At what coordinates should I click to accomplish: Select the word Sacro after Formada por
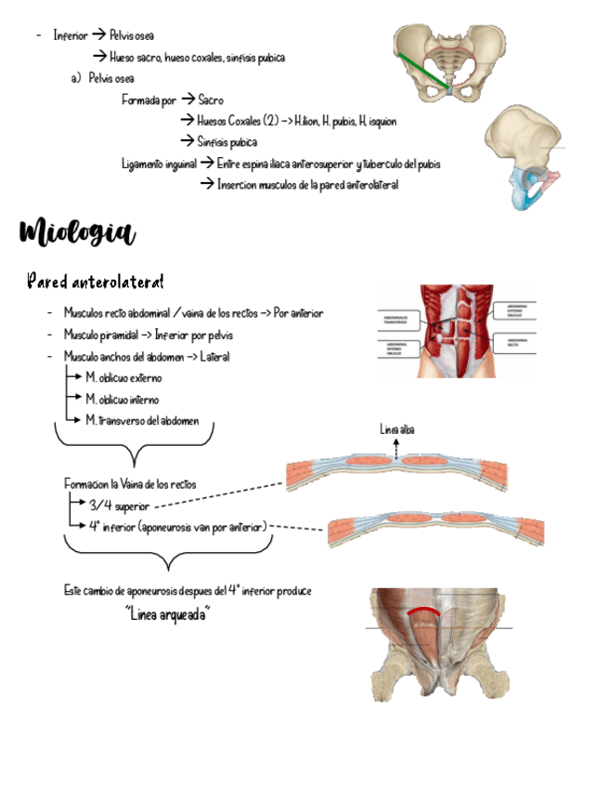pyautogui.click(x=211, y=100)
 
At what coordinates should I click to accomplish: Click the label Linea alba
pyautogui.click(x=396, y=428)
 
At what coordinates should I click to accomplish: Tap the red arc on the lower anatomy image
pyautogui.click(x=426, y=610)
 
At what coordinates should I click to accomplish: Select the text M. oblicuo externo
pyautogui.click(x=123, y=378)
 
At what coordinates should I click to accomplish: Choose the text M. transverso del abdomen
pyautogui.click(x=142, y=420)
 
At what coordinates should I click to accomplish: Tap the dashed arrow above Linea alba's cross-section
pyautogui.click(x=396, y=448)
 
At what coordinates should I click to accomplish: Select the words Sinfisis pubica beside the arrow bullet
pyautogui.click(x=226, y=142)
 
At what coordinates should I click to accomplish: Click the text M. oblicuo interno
pyautogui.click(x=123, y=400)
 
